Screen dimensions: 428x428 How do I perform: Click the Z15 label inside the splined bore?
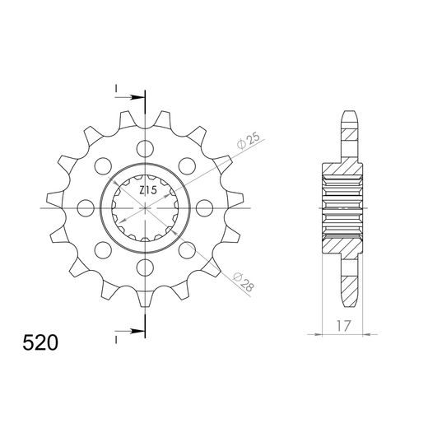click(147, 191)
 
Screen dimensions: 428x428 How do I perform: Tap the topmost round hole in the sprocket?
click(146, 149)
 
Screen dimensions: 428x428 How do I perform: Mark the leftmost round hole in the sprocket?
click(86, 207)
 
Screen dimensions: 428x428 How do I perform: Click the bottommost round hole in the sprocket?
click(146, 266)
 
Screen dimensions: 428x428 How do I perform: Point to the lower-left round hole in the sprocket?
click(104, 249)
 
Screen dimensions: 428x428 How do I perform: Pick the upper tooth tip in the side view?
click(350, 118)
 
